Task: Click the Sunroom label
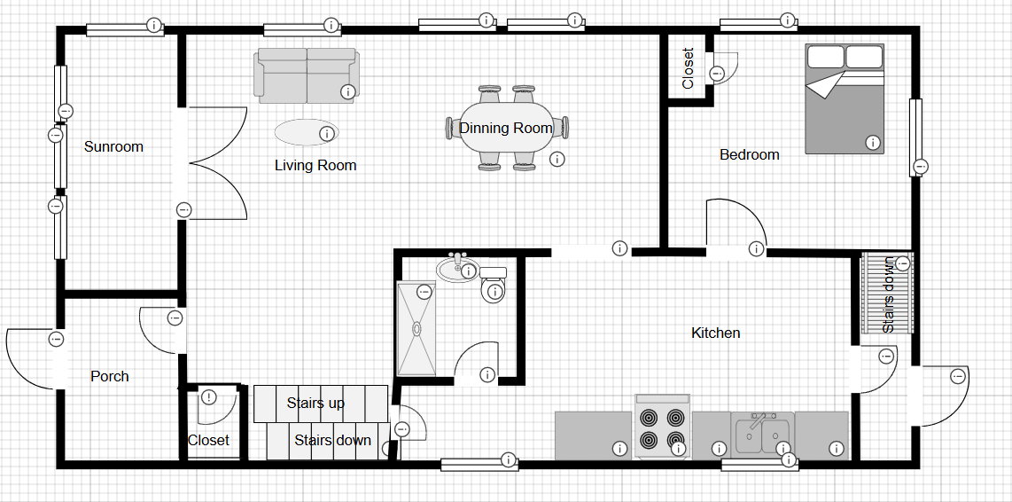113,146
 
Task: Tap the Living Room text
315,165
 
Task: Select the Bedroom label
750,155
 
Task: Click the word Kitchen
716,333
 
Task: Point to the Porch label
110,376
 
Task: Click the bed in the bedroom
845,98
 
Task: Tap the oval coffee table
306,132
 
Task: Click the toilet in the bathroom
493,285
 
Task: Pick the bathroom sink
457,268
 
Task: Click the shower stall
416,328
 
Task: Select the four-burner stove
663,427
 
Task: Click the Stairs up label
315,404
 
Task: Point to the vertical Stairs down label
889,294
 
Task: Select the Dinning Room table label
505,128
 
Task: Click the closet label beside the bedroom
688,67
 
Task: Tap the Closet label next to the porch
208,441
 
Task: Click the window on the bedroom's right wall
915,137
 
